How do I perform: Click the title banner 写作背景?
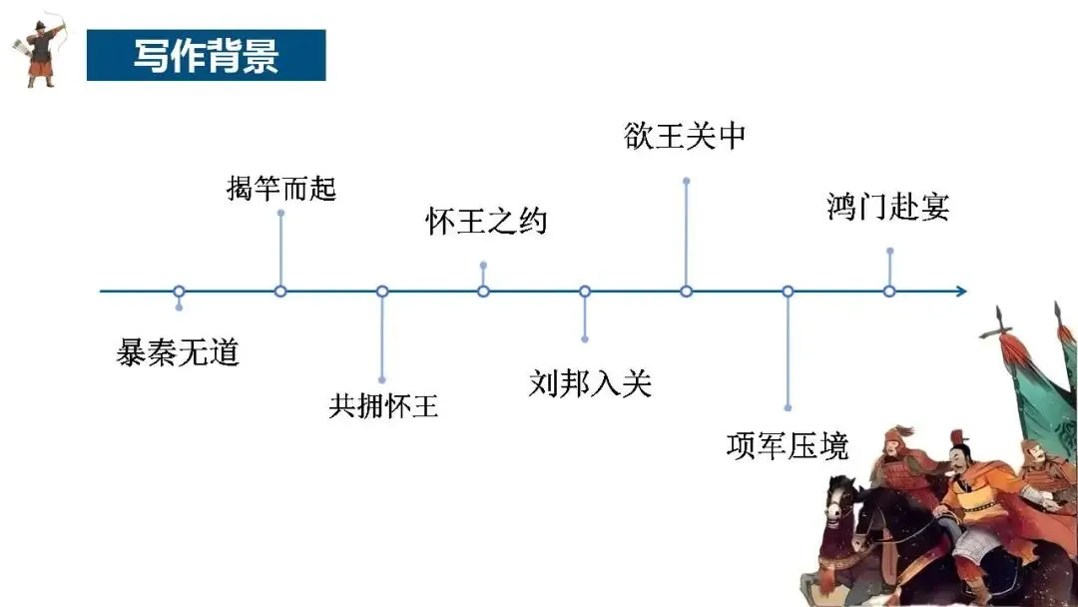[x=206, y=55]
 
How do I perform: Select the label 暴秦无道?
[x=179, y=352]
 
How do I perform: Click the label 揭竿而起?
[x=281, y=188]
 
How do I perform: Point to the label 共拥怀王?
[x=383, y=406]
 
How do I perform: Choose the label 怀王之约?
[x=486, y=222]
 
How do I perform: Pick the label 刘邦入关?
[x=589, y=381]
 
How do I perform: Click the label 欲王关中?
[x=685, y=136]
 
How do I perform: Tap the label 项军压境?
[x=788, y=445]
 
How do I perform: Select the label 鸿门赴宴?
[x=888, y=207]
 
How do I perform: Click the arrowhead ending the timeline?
[x=960, y=292]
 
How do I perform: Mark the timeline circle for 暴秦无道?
[x=179, y=292]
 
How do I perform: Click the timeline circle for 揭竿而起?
[x=280, y=292]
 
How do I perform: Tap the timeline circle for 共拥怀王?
[x=382, y=292]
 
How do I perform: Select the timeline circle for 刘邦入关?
[x=585, y=292]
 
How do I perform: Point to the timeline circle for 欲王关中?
[x=686, y=292]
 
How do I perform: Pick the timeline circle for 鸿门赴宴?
[x=889, y=292]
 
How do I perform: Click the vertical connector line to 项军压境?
[x=788, y=349]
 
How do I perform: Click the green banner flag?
[x=1038, y=399]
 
